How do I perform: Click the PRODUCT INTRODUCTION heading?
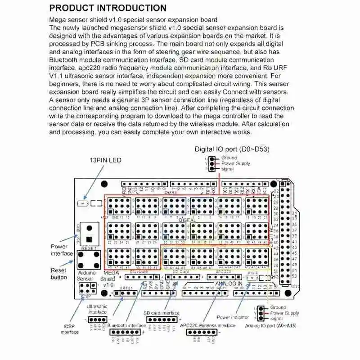click(108, 8)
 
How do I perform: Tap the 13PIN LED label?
click(105, 160)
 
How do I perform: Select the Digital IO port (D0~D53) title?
click(232, 149)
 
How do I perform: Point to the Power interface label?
click(62, 250)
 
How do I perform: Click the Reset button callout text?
click(58, 274)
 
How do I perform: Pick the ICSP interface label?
click(70, 328)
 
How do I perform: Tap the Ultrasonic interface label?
click(98, 309)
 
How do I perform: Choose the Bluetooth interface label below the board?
click(126, 325)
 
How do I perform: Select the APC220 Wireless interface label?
click(207, 325)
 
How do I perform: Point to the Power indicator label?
click(233, 317)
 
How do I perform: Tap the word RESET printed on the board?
click(89, 248)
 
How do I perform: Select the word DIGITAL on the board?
click(187, 220)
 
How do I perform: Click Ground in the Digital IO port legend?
click(229, 158)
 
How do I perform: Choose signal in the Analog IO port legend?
click(277, 318)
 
